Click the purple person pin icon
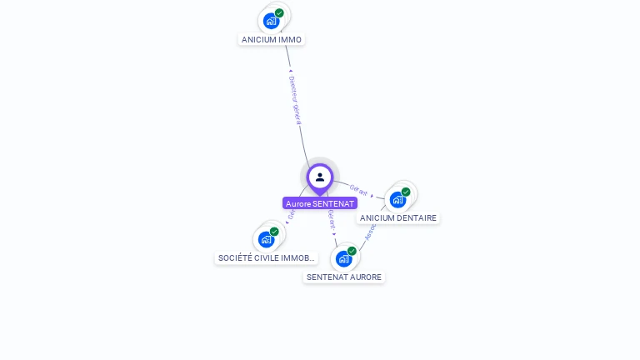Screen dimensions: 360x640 [x=320, y=177]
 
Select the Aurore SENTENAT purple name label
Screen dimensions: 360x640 [x=320, y=203]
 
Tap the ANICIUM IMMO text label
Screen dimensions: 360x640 [x=272, y=39]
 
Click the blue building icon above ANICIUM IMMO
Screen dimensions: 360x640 [x=271, y=21]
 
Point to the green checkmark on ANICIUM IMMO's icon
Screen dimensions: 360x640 [x=279, y=13]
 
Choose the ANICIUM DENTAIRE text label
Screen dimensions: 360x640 [x=398, y=218]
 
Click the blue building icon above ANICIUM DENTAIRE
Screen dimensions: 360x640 [x=397, y=200]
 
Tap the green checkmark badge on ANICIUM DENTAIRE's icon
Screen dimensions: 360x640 [x=406, y=192]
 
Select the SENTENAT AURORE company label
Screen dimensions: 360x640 [x=344, y=277]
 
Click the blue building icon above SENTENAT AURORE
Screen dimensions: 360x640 [x=343, y=258]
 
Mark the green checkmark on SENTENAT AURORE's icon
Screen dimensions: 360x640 [x=352, y=251]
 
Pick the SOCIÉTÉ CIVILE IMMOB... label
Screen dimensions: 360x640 [x=267, y=258]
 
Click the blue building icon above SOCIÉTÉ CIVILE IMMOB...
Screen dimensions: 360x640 [x=266, y=240]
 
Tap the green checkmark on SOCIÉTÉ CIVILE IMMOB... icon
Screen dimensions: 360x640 [x=274, y=232]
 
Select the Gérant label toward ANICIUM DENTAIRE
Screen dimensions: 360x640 [x=358, y=191]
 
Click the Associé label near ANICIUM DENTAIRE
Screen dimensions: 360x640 [x=371, y=230]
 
